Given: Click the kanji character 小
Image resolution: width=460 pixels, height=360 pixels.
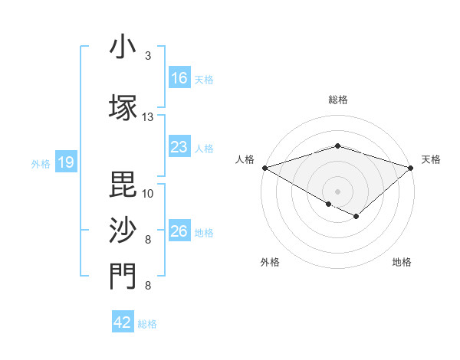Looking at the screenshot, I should (x=123, y=47).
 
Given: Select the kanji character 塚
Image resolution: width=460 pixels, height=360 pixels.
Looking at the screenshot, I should (x=123, y=107).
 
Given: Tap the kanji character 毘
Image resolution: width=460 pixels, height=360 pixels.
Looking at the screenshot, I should (x=123, y=183).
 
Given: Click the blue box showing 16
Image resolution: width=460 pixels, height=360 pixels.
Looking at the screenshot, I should (x=179, y=78).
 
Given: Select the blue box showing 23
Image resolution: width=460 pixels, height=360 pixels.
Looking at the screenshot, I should (x=179, y=147).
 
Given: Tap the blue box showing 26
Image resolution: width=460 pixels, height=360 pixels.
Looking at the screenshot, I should (x=179, y=231).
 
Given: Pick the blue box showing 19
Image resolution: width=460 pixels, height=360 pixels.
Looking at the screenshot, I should (x=65, y=162).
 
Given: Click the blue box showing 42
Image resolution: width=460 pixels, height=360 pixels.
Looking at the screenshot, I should (x=123, y=322).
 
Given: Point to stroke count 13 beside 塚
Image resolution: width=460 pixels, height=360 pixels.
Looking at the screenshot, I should (x=148, y=117).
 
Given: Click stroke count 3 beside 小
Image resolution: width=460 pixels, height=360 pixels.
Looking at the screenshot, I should (x=148, y=56).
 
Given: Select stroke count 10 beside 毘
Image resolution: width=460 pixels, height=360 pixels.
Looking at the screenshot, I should (x=148, y=193).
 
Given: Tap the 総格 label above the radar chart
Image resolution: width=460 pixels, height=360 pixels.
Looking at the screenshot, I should (x=337, y=100).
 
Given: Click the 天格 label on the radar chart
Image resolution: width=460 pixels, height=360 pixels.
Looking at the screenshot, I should (x=431, y=159).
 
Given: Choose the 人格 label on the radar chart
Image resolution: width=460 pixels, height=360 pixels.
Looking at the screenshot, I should (x=245, y=159).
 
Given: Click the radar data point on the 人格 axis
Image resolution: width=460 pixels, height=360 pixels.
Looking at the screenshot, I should (x=264, y=167).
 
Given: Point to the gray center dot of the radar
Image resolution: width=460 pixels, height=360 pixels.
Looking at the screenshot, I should (x=337, y=191).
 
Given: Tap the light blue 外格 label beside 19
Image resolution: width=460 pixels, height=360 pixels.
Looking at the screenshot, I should (x=40, y=163).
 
